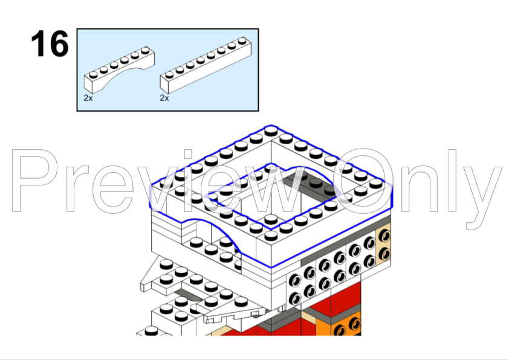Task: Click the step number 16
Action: pos(50,43)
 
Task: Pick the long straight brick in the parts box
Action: pos(206,65)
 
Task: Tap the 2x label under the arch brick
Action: pos(88,98)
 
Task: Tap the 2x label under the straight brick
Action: pos(164,98)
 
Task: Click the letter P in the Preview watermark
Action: pos(35,181)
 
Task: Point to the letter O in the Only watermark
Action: pos(363,181)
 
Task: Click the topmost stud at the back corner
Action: pos(271,130)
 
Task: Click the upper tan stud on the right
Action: pos(384,235)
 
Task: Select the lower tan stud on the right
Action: pos(384,254)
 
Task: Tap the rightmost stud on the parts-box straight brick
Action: pos(242,41)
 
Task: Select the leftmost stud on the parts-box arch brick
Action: pos(93,75)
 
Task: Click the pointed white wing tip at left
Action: pos(143,286)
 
